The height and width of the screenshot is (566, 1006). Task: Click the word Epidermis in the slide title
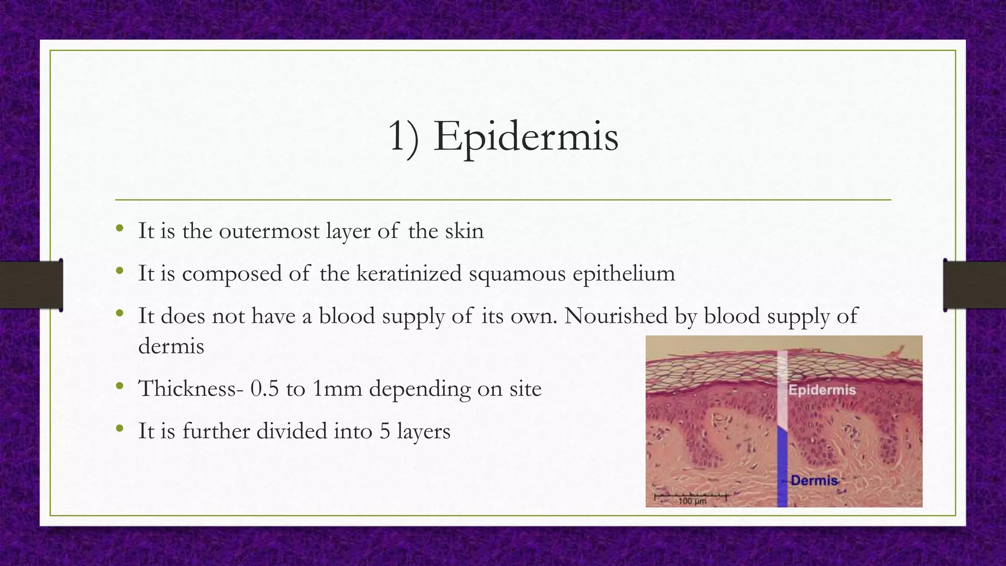click(x=526, y=137)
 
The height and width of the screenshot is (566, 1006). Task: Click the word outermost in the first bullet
click(x=269, y=231)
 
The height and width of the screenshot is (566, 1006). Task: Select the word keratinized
click(x=409, y=273)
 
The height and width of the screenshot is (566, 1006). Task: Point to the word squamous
click(x=517, y=274)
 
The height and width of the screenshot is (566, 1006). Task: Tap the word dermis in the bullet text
click(x=171, y=346)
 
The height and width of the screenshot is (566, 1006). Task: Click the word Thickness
click(x=191, y=389)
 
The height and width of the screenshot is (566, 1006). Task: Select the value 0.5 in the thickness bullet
click(x=264, y=389)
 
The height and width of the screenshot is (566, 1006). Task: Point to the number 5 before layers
click(x=385, y=431)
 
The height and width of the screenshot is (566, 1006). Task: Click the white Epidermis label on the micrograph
click(x=822, y=390)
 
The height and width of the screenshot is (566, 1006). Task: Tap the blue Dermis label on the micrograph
click(x=814, y=480)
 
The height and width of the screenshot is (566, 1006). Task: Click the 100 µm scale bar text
click(x=692, y=501)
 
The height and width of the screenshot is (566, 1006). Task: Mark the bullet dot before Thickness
click(x=120, y=387)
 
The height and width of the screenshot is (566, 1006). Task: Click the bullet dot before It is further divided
click(x=120, y=429)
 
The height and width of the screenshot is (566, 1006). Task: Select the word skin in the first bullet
click(x=464, y=231)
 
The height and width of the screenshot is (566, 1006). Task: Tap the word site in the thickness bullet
click(x=525, y=389)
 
